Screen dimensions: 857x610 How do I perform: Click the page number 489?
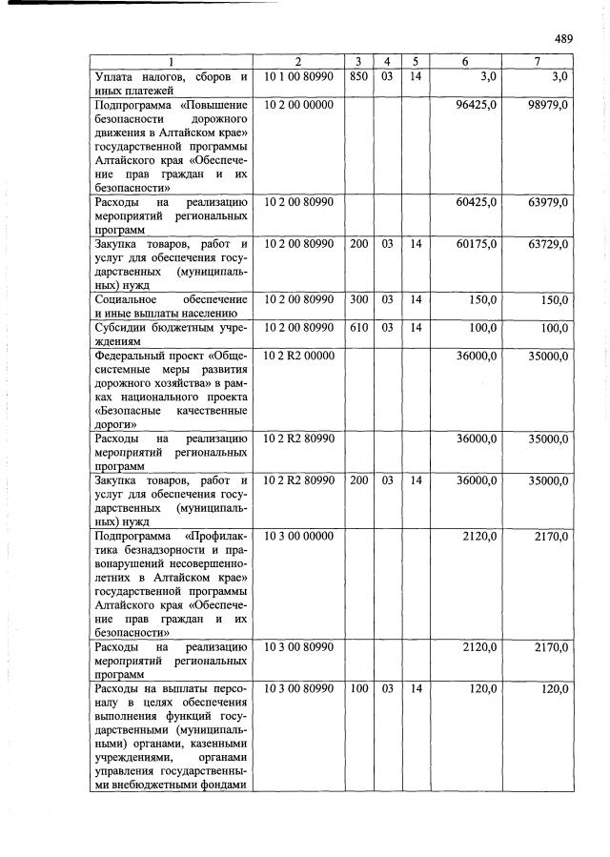[562, 39]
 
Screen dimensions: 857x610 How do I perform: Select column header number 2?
[297, 61]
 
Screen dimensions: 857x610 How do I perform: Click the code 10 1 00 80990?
[297, 75]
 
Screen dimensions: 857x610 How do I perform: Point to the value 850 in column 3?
[358, 75]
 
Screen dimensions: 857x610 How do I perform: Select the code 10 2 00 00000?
[297, 104]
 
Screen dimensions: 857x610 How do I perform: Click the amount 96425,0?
[477, 104]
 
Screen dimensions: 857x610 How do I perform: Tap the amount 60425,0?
[477, 202]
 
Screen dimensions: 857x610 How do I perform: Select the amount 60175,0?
[477, 244]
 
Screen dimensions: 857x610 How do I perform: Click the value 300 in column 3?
[358, 299]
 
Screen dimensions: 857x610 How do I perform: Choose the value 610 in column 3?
[358, 328]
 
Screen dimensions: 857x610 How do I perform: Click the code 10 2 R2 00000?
[298, 356]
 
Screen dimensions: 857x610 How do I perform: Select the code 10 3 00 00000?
[297, 536]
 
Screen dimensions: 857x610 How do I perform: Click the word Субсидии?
[124, 328]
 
